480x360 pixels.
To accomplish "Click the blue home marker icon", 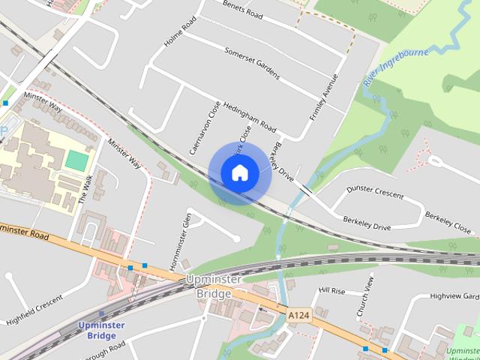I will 239,172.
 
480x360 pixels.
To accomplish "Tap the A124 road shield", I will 298,316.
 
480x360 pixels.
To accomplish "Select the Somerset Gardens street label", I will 252,63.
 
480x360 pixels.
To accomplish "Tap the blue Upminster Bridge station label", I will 97,330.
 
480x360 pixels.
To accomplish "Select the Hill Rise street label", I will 331,290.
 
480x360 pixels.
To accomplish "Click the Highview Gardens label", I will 454,297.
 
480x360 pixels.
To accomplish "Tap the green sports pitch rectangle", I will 76,160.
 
